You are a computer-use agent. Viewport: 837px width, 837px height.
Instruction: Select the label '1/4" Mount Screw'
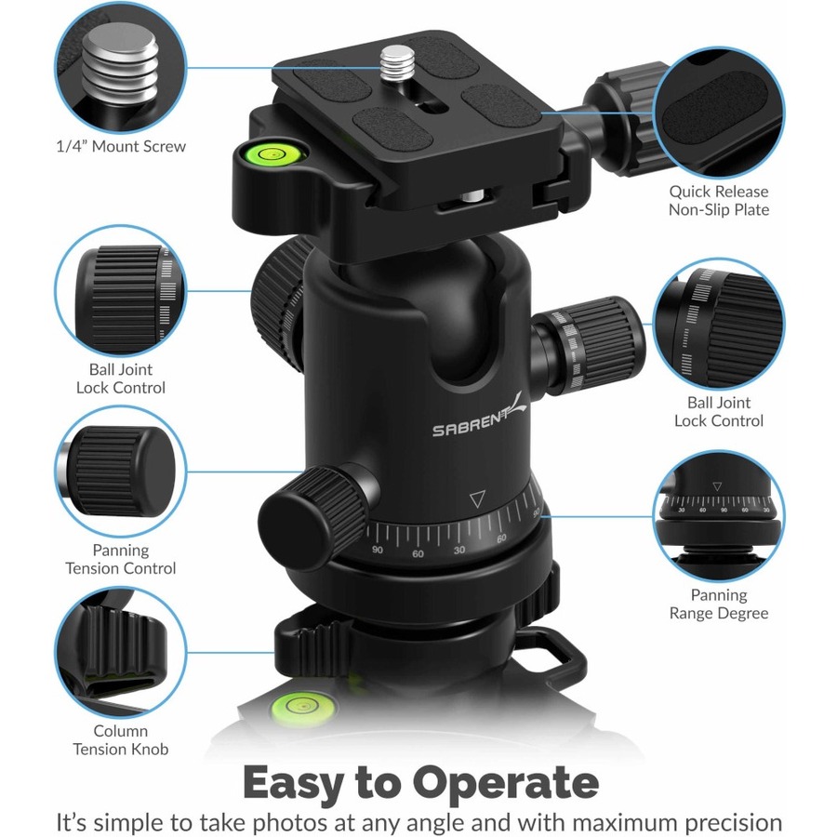pyautogui.click(x=121, y=146)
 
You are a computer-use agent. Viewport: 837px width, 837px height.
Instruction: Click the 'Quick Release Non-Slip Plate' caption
pyautogui.click(x=719, y=201)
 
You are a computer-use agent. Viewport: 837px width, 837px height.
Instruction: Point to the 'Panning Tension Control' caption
pyautogui.click(x=121, y=559)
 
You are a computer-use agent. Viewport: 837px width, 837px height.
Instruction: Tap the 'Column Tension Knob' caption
pyautogui.click(x=121, y=740)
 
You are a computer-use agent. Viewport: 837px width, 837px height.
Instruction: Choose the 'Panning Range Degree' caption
pyautogui.click(x=719, y=604)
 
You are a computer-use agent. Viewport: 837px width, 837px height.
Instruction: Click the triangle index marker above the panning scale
pyautogui.click(x=477, y=499)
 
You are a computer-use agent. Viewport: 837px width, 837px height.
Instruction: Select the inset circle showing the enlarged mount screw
pyautogui.click(x=121, y=66)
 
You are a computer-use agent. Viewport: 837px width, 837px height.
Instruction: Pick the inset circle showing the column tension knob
pyautogui.click(x=121, y=651)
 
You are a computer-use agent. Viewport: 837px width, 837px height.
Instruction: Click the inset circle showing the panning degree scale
pyautogui.click(x=719, y=515)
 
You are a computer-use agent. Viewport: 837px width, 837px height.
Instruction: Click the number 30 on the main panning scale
pyautogui.click(x=459, y=550)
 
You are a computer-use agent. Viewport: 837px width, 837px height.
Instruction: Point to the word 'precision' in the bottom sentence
pyautogui.click(x=734, y=823)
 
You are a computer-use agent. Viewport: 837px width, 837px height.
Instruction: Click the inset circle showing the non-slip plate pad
pyautogui.click(x=719, y=113)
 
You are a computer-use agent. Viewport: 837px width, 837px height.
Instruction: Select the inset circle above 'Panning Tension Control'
pyautogui.click(x=121, y=471)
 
